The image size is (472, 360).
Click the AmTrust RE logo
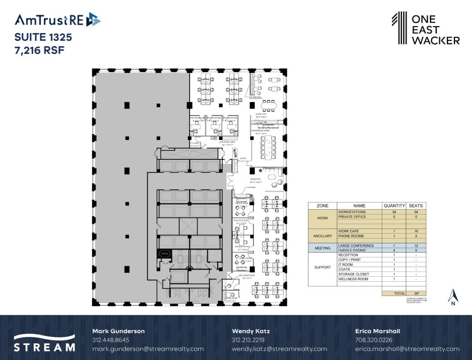click(58, 20)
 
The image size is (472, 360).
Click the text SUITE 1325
click(43, 37)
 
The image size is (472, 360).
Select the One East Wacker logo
click(425, 29)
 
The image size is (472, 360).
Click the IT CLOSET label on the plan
click(195, 144)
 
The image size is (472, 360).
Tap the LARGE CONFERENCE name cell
click(356, 245)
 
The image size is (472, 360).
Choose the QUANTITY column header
click(393, 205)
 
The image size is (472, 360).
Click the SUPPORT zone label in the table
click(322, 267)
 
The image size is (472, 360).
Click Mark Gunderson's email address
click(148, 349)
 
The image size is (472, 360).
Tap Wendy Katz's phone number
click(248, 340)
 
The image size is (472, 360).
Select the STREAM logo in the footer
click(44, 343)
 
